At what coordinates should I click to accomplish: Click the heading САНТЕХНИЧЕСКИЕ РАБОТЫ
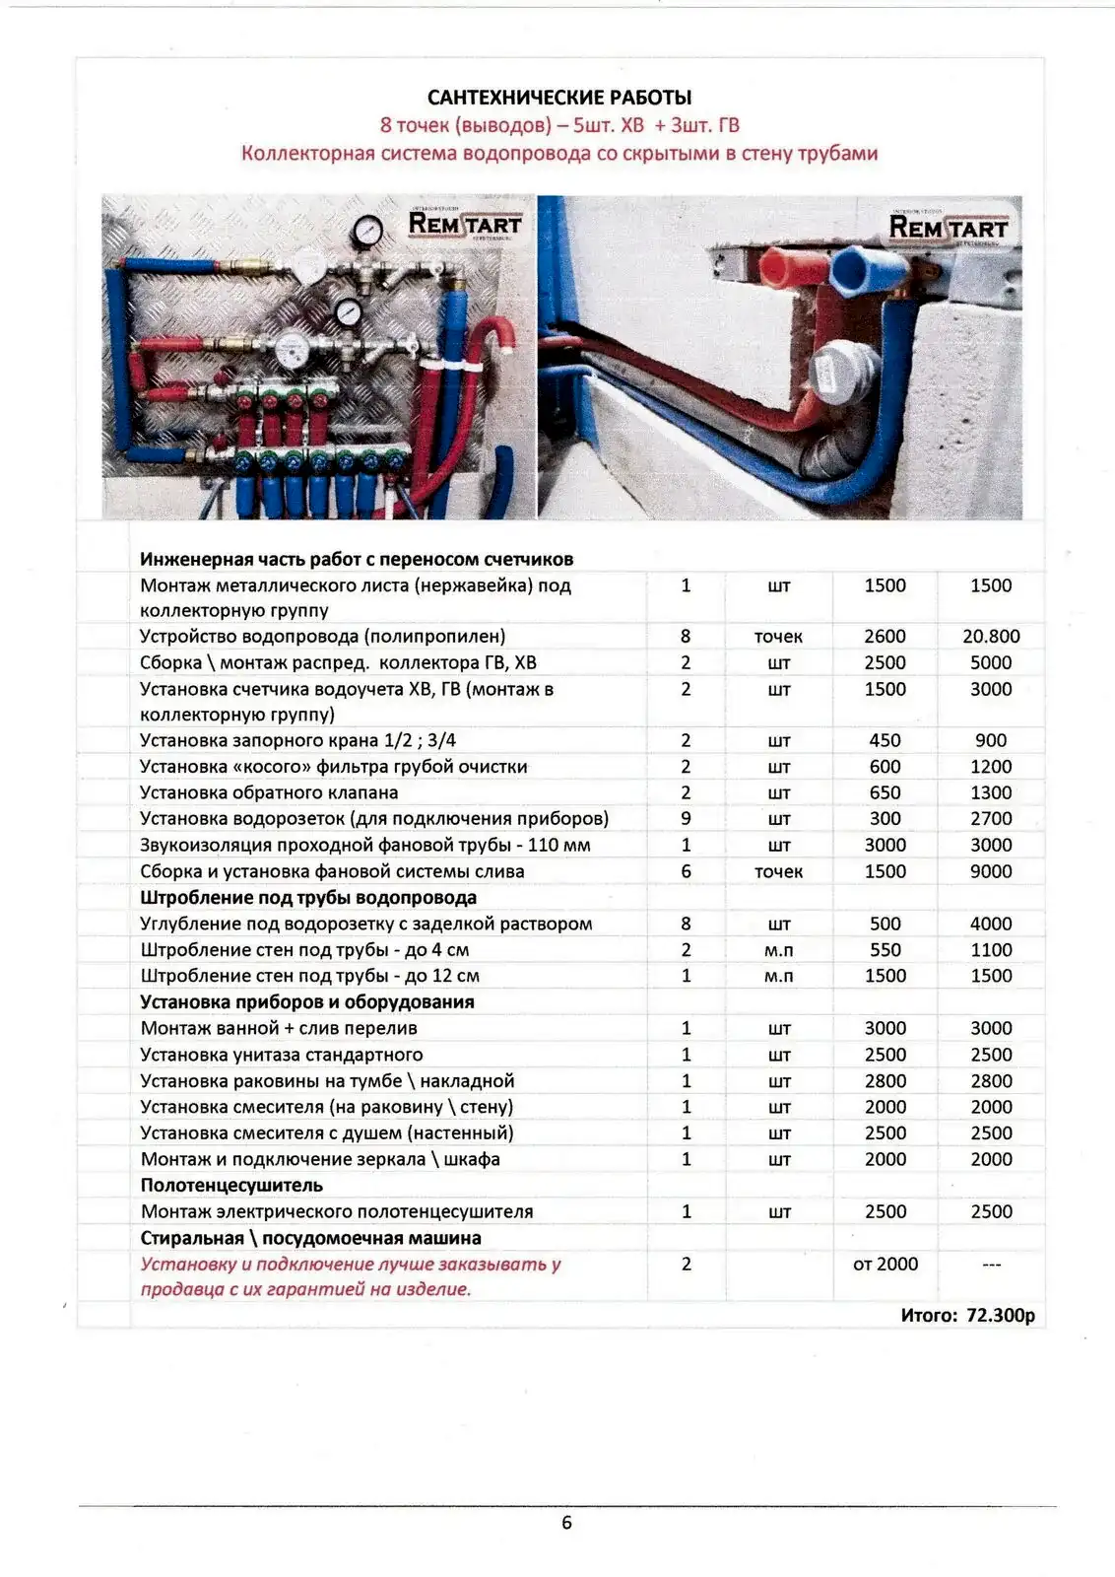558,97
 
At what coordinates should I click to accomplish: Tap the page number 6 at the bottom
566,1522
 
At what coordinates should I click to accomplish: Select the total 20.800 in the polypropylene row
990,637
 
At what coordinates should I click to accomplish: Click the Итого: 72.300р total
967,1315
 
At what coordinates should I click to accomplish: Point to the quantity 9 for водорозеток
686,818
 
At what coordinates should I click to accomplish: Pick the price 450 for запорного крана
885,740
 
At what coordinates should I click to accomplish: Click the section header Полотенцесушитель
231,1185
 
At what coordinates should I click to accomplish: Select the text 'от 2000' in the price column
885,1264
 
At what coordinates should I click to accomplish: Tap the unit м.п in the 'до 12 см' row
778,976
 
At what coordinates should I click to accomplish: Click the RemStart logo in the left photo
464,224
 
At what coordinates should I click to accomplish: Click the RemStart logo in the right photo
948,228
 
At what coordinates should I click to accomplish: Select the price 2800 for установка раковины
885,1081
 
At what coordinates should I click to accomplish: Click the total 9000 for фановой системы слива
990,871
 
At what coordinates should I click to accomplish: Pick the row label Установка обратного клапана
269,792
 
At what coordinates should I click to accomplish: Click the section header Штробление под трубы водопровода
308,898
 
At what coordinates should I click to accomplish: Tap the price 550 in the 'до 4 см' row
885,950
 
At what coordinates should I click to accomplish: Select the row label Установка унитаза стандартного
282,1055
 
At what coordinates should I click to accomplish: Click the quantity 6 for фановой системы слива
686,871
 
